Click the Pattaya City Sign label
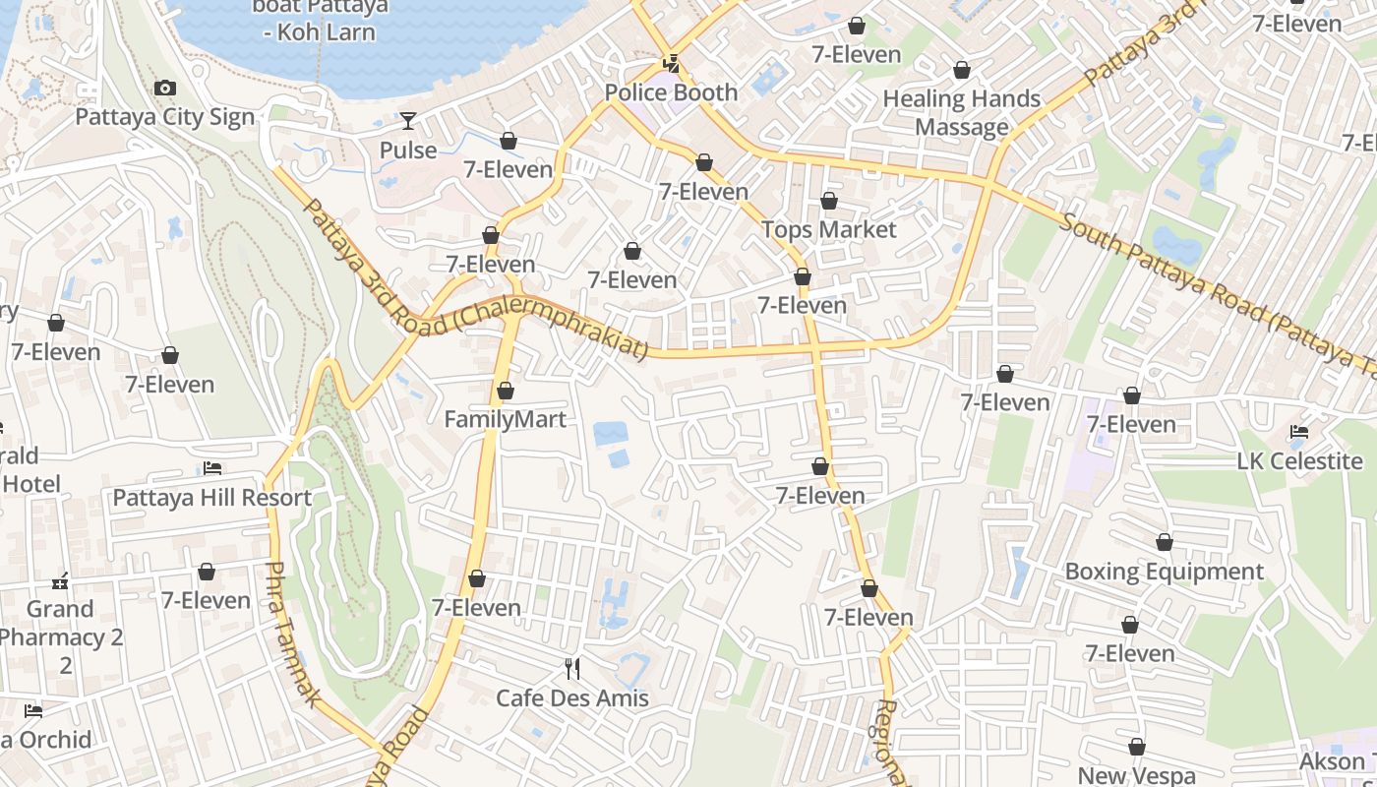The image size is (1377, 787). click(165, 117)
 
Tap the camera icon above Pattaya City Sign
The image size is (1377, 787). click(165, 89)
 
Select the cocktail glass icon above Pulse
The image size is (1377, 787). click(408, 121)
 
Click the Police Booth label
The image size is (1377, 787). click(671, 92)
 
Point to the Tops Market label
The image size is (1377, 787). click(829, 229)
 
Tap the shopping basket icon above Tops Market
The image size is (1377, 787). click(829, 201)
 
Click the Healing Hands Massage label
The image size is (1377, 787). click(961, 112)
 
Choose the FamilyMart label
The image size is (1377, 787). click(505, 420)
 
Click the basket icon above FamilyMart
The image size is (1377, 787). click(506, 391)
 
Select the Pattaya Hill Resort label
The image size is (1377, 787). click(211, 497)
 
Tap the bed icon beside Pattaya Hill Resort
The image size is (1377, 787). click(212, 468)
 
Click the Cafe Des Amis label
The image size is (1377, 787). click(571, 698)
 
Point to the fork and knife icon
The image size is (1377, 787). click(572, 669)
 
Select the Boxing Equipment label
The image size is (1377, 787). click(1165, 572)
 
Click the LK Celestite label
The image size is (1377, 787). click(1300, 460)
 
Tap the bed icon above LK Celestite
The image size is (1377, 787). click(1299, 432)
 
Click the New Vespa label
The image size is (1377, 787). click(1137, 776)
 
